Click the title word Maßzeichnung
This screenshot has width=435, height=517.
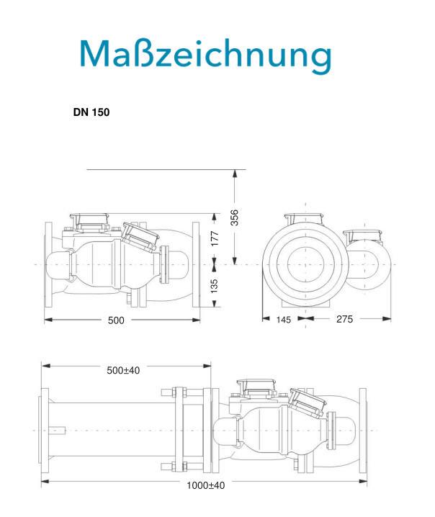click(x=205, y=55)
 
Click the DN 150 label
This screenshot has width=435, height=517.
click(x=91, y=112)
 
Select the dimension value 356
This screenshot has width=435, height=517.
click(x=234, y=217)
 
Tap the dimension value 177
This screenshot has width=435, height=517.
click(x=215, y=239)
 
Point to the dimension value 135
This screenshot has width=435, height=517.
click(x=215, y=286)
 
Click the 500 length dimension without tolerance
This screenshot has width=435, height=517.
click(x=116, y=320)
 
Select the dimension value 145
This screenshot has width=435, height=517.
click(x=283, y=320)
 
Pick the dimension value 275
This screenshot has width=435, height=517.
click(x=344, y=319)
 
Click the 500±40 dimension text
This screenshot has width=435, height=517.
click(x=123, y=370)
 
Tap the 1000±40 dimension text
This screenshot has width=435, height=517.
click(x=206, y=485)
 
